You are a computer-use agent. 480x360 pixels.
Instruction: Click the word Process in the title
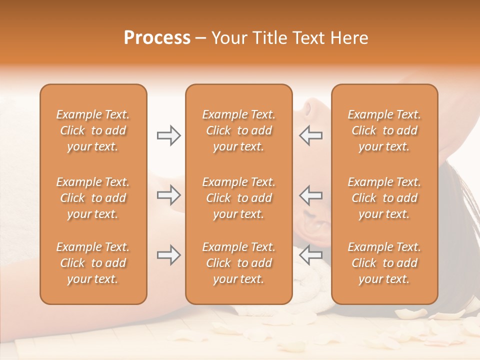pos(157,38)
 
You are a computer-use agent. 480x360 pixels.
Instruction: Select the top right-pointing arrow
pos(168,135)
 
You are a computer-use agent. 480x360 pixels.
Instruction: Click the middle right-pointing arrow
pos(168,195)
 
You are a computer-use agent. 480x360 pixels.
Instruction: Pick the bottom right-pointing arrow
pos(168,255)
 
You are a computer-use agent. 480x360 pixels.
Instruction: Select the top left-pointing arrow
pos(311,135)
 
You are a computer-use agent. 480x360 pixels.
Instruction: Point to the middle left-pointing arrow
pos(311,195)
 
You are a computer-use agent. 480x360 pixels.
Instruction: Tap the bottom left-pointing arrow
pos(311,255)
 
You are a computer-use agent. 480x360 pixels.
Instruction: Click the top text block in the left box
pos(93,130)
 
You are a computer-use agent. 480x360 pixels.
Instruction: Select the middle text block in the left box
pos(93,198)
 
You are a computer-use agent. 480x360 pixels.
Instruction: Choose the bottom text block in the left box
pos(93,263)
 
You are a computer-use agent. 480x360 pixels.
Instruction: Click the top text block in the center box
pos(238,130)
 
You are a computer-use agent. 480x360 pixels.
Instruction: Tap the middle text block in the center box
pos(238,198)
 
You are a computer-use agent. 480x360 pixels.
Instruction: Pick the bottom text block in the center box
pos(238,263)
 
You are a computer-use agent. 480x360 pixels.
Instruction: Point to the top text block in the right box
pos(384,130)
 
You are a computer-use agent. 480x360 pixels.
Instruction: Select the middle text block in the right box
pos(384,198)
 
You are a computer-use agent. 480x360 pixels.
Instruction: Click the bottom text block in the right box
pos(384,263)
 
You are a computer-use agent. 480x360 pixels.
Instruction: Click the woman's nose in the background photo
pos(306,106)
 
